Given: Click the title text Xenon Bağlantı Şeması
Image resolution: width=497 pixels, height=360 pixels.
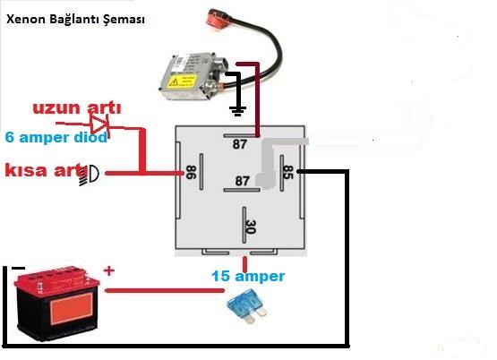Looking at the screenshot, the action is tap(75, 20).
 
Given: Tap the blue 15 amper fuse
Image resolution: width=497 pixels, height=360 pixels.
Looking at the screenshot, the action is tap(247, 307).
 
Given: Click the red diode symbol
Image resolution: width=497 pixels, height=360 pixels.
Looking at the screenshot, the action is tap(99, 124).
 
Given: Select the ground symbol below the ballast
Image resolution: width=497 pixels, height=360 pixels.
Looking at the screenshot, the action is tap(237, 111).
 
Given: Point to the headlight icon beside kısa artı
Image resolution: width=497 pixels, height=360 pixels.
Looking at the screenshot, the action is tap(90, 175).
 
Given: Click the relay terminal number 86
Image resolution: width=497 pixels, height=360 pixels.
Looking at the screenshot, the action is tap(191, 172).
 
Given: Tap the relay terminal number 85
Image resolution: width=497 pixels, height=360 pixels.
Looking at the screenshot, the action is tap(287, 172).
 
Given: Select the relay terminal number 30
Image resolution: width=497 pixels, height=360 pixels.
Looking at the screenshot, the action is tap(251, 227).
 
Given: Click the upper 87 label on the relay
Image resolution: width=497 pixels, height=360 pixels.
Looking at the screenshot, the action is tap(240, 144).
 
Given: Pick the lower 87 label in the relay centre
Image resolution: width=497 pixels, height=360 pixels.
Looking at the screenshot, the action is tap(242, 181).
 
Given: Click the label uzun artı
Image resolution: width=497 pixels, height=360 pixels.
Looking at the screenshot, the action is tap(77, 108).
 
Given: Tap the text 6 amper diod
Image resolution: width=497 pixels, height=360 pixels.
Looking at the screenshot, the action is tap(56, 138).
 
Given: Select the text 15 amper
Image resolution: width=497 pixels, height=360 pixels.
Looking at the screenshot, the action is tap(248, 277).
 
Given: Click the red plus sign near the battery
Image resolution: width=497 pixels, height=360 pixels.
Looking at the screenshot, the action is tap(108, 271).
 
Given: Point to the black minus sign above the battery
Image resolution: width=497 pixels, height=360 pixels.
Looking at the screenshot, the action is tap(18, 269).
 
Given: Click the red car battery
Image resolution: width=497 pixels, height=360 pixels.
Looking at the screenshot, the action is tap(56, 304).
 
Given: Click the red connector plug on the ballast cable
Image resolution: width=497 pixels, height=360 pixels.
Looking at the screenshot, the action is tap(219, 17).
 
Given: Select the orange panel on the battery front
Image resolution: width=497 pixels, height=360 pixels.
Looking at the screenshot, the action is tap(72, 309).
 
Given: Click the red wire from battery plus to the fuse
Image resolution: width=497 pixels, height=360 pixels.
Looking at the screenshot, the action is tap(165, 290).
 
